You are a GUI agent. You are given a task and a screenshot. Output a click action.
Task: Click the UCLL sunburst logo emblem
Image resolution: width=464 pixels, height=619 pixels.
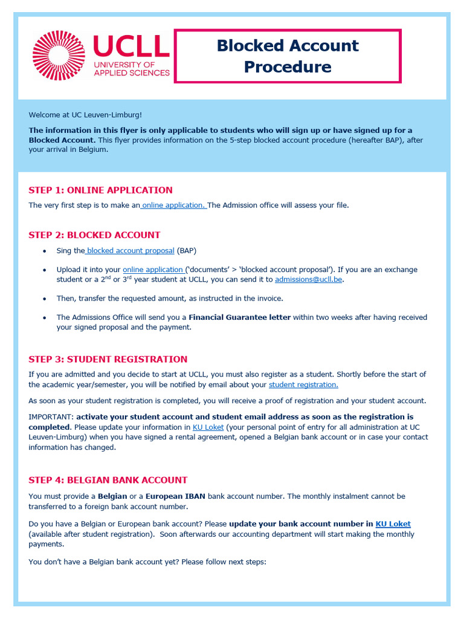pyautogui.click(x=59, y=56)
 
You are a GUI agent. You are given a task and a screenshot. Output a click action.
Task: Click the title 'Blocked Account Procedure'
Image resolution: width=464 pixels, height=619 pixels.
pyautogui.click(x=288, y=56)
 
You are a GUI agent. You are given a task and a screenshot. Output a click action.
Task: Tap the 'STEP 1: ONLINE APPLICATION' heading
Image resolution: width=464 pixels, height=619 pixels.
pyautogui.click(x=100, y=190)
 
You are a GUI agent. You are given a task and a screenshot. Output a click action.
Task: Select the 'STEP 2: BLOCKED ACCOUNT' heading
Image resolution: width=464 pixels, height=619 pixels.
pyautogui.click(x=94, y=235)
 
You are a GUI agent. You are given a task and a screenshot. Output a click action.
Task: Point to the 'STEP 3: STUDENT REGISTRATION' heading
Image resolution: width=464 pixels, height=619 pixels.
pyautogui.click(x=108, y=359)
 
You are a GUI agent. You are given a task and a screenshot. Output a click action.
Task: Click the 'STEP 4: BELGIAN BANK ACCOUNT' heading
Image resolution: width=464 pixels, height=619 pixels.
pyautogui.click(x=108, y=480)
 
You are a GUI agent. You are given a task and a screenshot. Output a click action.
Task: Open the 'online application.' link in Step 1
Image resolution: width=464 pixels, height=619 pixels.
pyautogui.click(x=174, y=206)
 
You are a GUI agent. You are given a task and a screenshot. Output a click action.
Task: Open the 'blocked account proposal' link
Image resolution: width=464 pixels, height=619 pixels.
pyautogui.click(x=130, y=251)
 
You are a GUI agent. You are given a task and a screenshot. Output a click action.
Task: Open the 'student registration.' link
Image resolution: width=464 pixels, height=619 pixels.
pyautogui.click(x=303, y=385)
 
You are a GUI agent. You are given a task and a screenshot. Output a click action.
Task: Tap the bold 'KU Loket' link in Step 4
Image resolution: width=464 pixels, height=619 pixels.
pyautogui.click(x=393, y=524)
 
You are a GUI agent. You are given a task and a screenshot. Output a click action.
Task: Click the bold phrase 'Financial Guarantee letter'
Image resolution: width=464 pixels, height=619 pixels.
pyautogui.click(x=239, y=317)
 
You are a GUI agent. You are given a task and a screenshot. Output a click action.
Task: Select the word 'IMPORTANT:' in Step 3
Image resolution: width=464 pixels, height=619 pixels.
pyautogui.click(x=51, y=417)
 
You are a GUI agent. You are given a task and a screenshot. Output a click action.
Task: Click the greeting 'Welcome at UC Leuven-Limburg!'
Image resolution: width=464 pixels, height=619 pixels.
pyautogui.click(x=85, y=115)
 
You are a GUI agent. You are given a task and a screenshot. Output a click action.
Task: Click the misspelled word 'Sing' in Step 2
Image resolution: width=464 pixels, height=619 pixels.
pyautogui.click(x=63, y=251)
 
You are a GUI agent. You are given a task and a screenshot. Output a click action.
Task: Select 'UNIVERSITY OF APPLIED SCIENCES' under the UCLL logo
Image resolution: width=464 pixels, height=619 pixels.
pyautogui.click(x=131, y=68)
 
